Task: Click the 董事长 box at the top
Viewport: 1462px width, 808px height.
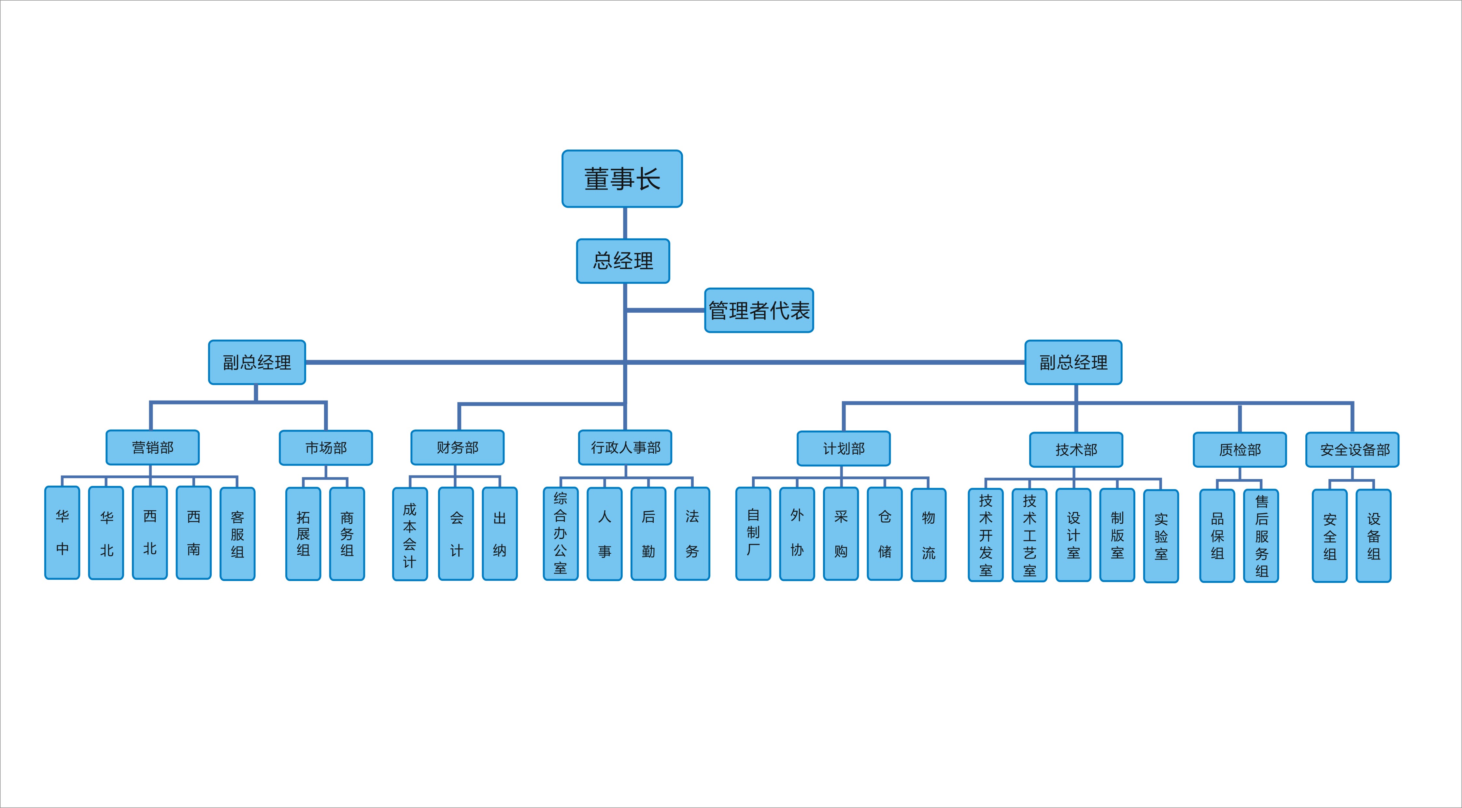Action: point(622,179)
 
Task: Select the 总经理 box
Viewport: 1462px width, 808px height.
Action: point(623,261)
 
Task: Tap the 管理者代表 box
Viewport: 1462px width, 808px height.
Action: point(759,310)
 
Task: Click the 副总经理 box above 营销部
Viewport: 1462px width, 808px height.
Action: point(257,362)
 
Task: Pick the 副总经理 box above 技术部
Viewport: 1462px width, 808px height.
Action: point(1073,362)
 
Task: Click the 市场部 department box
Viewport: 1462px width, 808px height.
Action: point(326,448)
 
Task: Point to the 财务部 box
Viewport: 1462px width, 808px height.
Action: point(458,448)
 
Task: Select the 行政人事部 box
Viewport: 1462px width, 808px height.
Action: point(625,448)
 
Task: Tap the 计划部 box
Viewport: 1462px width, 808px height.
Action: point(844,449)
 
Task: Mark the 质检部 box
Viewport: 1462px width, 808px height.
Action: point(1240,450)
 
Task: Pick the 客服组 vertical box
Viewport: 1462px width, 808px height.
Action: point(237,534)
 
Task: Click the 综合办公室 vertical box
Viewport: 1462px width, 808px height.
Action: point(561,534)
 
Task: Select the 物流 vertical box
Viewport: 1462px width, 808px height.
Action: point(929,535)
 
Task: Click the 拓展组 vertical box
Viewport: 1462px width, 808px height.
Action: point(303,534)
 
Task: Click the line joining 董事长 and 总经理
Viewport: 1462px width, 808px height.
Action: point(625,223)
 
